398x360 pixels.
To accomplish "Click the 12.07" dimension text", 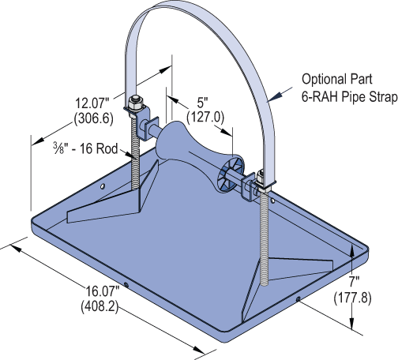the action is pos(92,103).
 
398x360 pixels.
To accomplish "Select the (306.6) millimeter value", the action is pos(94,119).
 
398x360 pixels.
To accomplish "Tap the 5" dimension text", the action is pos(203,103).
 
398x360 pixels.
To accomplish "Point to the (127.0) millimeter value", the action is pos(205,117).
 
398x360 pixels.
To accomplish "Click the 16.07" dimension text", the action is pos(103,291).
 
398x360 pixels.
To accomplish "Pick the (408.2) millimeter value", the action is pos(99,306).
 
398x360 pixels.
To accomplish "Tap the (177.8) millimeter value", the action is pos(353,298).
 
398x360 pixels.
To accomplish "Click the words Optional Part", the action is pos(337,79).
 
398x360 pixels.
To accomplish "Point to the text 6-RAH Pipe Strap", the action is pos(350,97).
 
